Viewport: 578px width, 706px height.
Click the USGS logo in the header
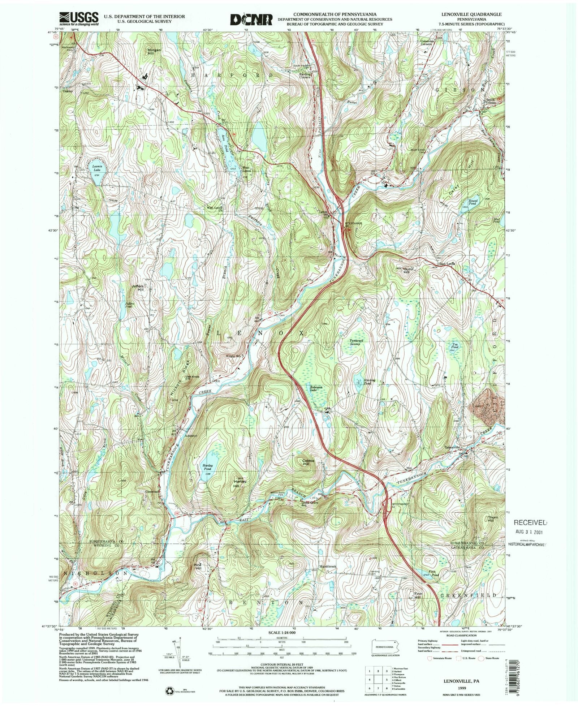[x=79, y=18]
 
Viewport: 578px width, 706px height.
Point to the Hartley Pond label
[x=208, y=467]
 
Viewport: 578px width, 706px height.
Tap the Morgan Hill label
[x=154, y=51]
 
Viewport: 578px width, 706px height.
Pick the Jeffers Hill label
[x=138, y=288]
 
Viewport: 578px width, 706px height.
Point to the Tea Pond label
[x=453, y=345]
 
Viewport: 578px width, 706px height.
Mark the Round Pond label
[x=473, y=202]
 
